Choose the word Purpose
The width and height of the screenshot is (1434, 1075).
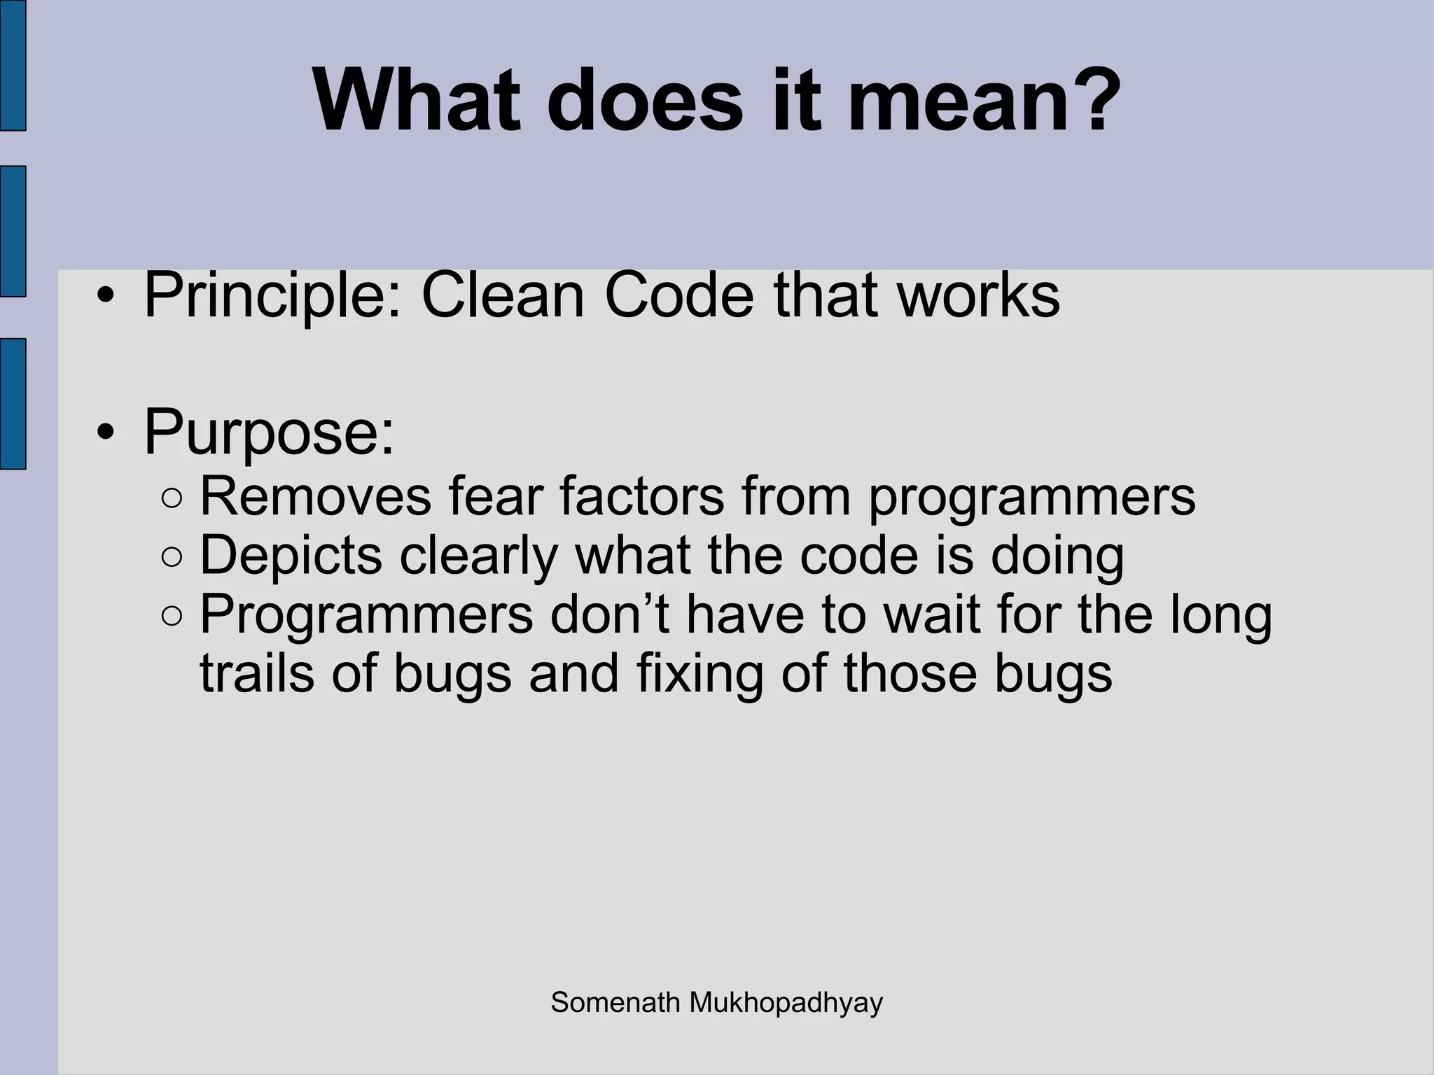point(269,433)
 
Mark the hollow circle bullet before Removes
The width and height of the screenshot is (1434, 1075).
point(172,499)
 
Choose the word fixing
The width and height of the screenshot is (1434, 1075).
point(699,674)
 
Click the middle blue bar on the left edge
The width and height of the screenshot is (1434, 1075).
point(13,232)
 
